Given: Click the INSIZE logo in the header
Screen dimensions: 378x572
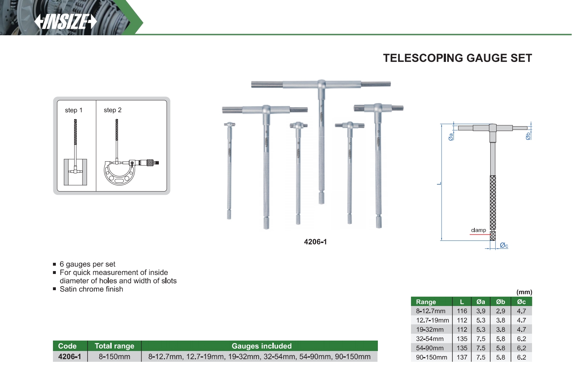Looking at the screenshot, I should (x=66, y=22).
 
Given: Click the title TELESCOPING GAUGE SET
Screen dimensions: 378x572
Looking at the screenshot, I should (x=457, y=58).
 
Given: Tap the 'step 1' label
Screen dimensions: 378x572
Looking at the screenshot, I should (x=73, y=110).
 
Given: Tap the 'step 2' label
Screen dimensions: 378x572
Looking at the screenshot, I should (x=112, y=110).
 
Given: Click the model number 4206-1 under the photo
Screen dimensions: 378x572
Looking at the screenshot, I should (x=315, y=242).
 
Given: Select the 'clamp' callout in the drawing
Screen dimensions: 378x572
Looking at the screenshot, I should (x=478, y=230).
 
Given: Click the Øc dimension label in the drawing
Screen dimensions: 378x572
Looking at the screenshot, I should (x=504, y=246).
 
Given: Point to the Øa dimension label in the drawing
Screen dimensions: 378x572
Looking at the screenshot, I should (x=451, y=137).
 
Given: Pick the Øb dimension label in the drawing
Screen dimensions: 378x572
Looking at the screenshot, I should (x=528, y=136).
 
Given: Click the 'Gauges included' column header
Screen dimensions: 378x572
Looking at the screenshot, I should (x=262, y=346).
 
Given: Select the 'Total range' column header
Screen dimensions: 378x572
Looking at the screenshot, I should (x=114, y=346).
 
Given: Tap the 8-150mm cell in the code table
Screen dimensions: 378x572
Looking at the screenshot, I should (x=114, y=357).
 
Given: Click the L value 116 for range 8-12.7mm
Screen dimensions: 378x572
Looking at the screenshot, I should (x=462, y=311).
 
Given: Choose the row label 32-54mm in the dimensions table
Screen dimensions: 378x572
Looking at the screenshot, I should (x=430, y=339).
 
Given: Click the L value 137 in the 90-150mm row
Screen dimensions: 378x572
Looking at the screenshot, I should (x=462, y=357).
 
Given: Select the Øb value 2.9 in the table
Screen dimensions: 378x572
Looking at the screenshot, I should (x=500, y=311).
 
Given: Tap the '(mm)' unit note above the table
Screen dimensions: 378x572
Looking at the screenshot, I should (x=524, y=292).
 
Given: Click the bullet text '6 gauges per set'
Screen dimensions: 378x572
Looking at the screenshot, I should (x=88, y=264).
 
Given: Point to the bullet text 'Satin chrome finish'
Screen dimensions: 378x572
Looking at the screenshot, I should (x=91, y=289).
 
